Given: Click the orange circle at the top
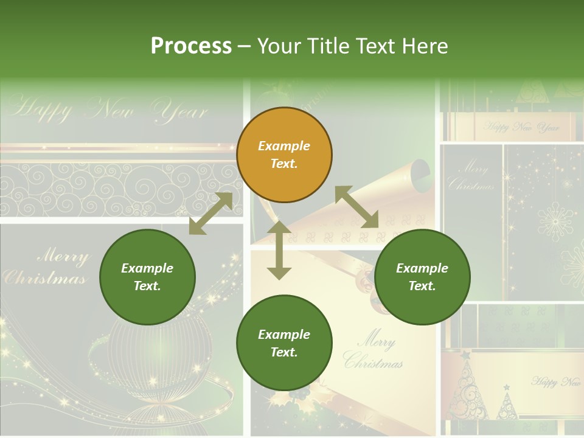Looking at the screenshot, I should [284, 155].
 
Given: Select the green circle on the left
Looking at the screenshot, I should [147, 277].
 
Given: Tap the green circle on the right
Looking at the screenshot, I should [422, 277].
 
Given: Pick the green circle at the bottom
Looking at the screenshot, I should [284, 343].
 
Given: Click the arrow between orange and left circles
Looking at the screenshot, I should [210, 214].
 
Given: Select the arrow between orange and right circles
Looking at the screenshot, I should [356, 207].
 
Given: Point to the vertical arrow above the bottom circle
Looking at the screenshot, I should [279, 250].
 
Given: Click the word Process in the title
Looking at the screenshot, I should [191, 46].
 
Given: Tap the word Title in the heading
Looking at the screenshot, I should [330, 46].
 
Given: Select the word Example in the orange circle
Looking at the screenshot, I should [284, 146].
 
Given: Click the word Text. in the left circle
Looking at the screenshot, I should [147, 286].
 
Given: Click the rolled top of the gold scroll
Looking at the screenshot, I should [422, 173].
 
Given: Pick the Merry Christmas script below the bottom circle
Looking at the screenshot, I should [372, 352].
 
